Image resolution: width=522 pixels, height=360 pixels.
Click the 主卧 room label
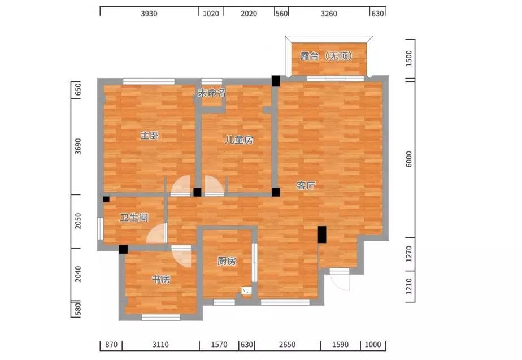(150, 136)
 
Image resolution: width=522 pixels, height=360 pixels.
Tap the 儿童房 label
(239, 140)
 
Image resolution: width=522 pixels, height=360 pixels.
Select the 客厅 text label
(306, 185)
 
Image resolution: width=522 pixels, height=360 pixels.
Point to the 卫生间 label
(134, 218)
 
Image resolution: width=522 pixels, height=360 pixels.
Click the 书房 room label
(161, 279)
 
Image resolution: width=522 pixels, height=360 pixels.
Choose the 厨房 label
(227, 262)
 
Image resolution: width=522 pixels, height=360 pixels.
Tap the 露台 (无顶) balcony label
(327, 56)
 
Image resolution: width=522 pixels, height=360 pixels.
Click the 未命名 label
(212, 93)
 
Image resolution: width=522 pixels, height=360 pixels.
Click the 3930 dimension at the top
(149, 14)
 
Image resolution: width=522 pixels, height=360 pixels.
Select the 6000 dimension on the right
(409, 159)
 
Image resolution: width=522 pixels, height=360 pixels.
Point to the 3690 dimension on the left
(77, 146)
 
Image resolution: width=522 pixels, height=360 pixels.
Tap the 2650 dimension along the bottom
(287, 345)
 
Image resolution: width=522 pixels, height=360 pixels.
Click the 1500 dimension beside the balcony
(409, 58)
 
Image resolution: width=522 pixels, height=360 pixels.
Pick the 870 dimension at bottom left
(111, 345)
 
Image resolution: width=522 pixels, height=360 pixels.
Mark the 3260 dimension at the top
(329, 14)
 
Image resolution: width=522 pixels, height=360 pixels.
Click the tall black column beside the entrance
(322, 235)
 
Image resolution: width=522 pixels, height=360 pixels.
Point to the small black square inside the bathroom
(106, 199)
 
